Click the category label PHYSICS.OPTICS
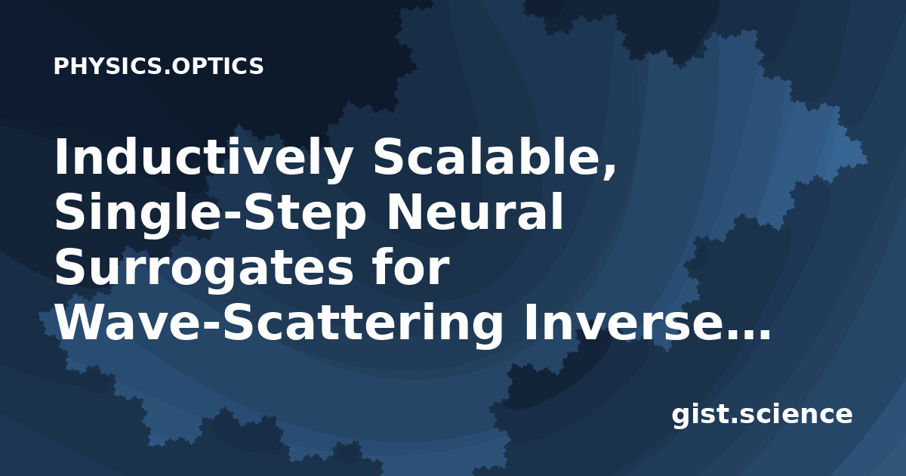[159, 66]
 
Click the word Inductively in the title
[202, 159]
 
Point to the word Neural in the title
[474, 212]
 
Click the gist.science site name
[762, 416]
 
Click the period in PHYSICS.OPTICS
[167, 72]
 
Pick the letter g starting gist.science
[681, 418]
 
